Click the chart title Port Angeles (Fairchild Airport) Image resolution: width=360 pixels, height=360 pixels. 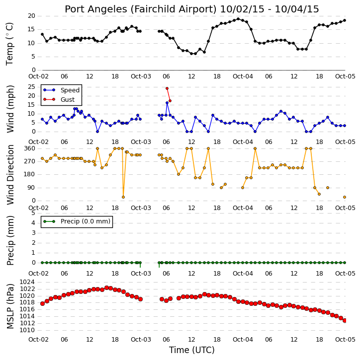[x=140, y=9]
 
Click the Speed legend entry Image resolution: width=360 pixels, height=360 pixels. [x=61, y=90]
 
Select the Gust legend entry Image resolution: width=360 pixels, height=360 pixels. [x=59, y=99]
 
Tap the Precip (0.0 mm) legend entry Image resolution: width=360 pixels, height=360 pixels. [x=77, y=221]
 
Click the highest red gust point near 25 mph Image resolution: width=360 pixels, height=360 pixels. [x=167, y=88]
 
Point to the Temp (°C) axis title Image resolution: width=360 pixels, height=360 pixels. [x=9, y=44]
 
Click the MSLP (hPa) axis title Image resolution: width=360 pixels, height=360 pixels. [x=9, y=306]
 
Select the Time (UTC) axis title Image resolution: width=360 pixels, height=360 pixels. [x=191, y=350]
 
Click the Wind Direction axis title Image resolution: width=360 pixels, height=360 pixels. [x=10, y=175]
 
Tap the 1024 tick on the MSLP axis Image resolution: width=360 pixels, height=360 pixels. [x=27, y=282]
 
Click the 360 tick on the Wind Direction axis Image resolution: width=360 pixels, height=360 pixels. [x=30, y=148]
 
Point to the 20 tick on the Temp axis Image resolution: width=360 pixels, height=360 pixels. [x=31, y=16]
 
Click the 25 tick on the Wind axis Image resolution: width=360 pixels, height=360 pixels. [x=31, y=87]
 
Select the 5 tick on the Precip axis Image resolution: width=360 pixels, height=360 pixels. [x=33, y=213]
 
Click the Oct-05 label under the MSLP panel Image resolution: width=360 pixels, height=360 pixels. [x=345, y=339]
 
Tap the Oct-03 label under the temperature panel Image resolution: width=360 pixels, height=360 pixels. [x=141, y=76]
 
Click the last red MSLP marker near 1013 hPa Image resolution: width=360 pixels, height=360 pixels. [x=345, y=320]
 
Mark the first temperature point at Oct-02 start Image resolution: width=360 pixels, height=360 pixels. [x=42, y=34]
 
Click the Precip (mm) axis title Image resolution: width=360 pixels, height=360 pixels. [x=10, y=241]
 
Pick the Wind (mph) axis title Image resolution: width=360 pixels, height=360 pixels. [x=10, y=109]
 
